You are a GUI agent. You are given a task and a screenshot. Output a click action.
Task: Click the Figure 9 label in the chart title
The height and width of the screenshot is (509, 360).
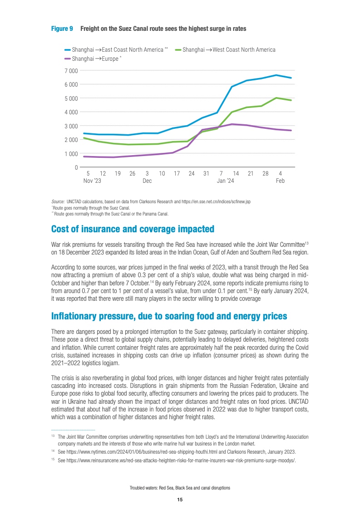[x=62, y=29]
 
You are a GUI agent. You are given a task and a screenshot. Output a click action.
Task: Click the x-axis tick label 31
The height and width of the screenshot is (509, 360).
[x=206, y=173]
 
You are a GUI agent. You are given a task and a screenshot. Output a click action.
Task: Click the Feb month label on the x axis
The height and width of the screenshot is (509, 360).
[x=280, y=181]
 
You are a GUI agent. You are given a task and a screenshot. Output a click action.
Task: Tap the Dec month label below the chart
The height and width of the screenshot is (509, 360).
[x=147, y=181]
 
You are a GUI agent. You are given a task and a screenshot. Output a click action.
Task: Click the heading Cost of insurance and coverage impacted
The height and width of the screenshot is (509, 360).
[x=133, y=229]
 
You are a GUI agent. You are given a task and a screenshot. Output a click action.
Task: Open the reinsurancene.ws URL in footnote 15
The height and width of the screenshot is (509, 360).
[x=177, y=460]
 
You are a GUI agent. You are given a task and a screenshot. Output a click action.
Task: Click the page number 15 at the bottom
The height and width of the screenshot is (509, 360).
[x=180, y=499]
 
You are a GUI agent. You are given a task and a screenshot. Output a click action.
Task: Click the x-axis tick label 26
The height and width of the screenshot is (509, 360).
[x=132, y=173]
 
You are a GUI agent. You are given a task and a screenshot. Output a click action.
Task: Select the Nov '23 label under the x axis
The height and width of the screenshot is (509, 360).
[x=92, y=181]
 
